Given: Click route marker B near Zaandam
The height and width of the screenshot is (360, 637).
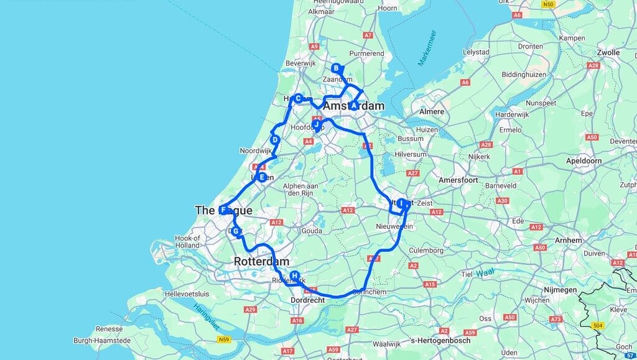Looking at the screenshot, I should click(336, 68).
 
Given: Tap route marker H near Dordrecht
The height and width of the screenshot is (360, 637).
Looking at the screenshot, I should click(295, 276).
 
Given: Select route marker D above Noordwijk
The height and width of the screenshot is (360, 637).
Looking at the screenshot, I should click(274, 140).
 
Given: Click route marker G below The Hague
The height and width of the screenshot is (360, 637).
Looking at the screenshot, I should click(236, 231).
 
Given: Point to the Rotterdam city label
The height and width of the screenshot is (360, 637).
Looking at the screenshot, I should click(261, 261).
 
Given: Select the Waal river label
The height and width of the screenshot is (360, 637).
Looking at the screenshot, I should click(486, 272).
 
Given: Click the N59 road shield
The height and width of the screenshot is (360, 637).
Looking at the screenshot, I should click(225, 339).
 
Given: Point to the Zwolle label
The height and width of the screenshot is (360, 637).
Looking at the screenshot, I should click(608, 52).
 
